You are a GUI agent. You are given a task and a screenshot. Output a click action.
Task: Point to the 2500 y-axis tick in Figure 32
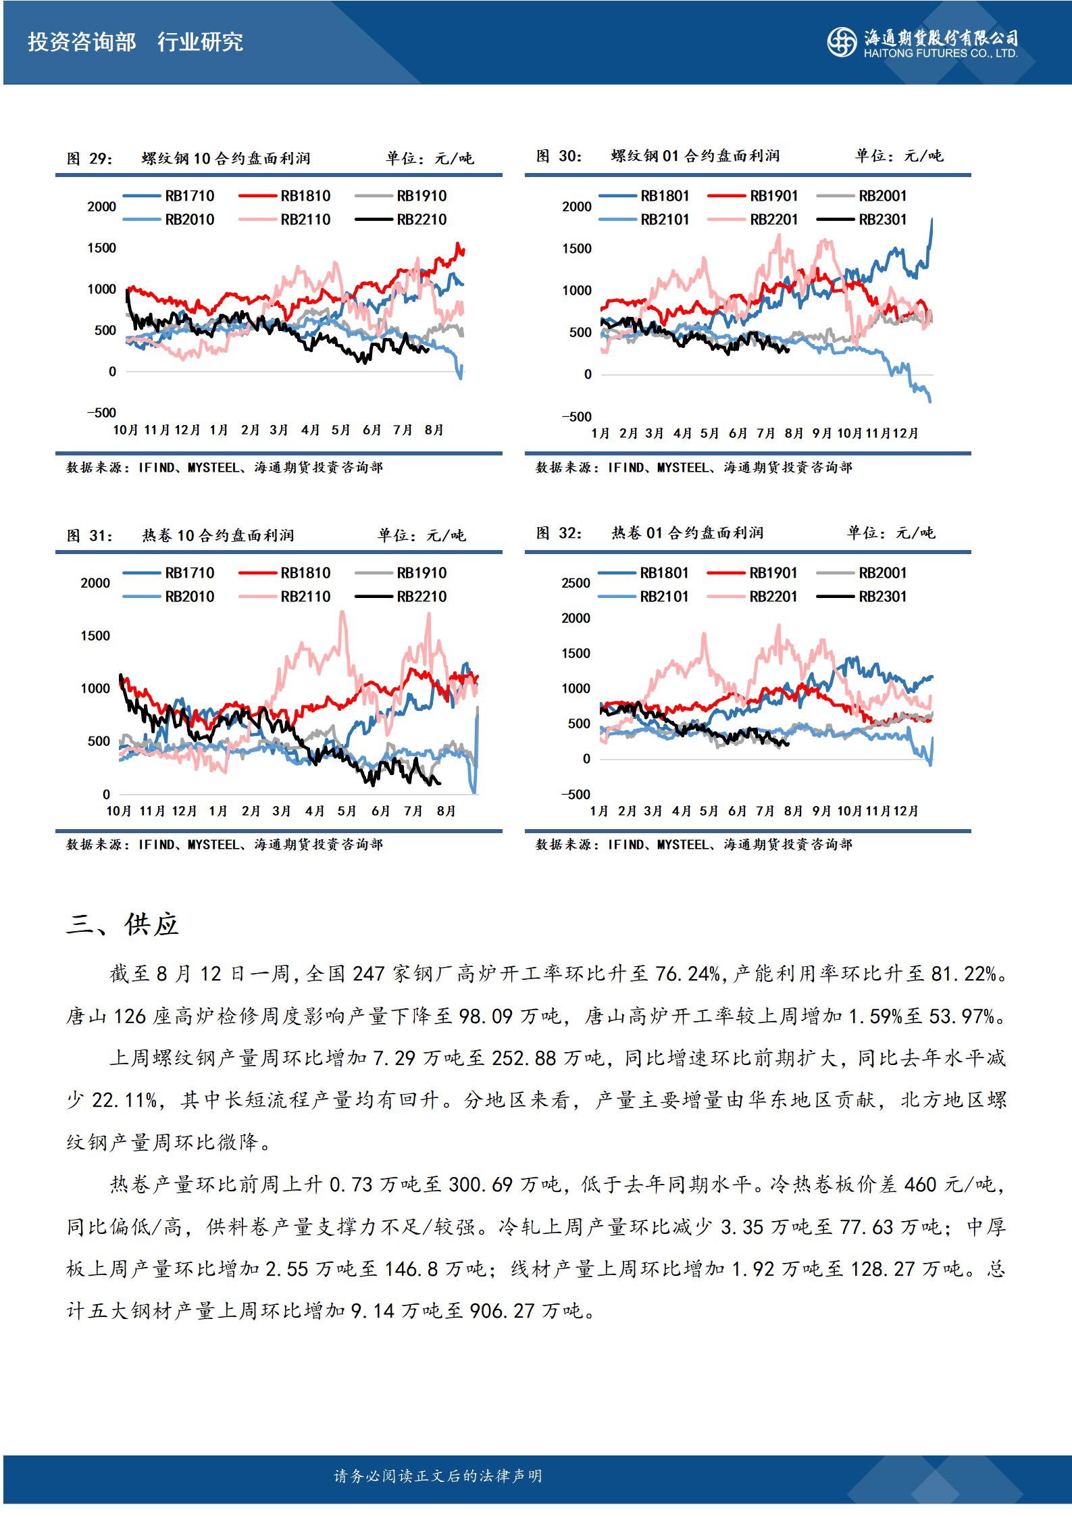(576, 583)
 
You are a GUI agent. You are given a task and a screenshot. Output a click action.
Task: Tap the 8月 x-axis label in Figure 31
(446, 811)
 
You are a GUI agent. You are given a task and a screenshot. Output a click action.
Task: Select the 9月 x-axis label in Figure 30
(821, 433)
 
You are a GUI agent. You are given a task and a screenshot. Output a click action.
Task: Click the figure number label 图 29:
(90, 159)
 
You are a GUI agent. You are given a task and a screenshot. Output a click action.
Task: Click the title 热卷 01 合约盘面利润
(688, 533)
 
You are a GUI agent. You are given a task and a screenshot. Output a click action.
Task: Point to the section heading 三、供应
(122, 924)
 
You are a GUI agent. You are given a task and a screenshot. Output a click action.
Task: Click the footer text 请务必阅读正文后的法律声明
(438, 1476)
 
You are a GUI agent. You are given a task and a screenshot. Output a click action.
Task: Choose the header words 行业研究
(200, 43)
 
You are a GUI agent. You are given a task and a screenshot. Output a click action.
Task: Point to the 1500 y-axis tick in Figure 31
(95, 636)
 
